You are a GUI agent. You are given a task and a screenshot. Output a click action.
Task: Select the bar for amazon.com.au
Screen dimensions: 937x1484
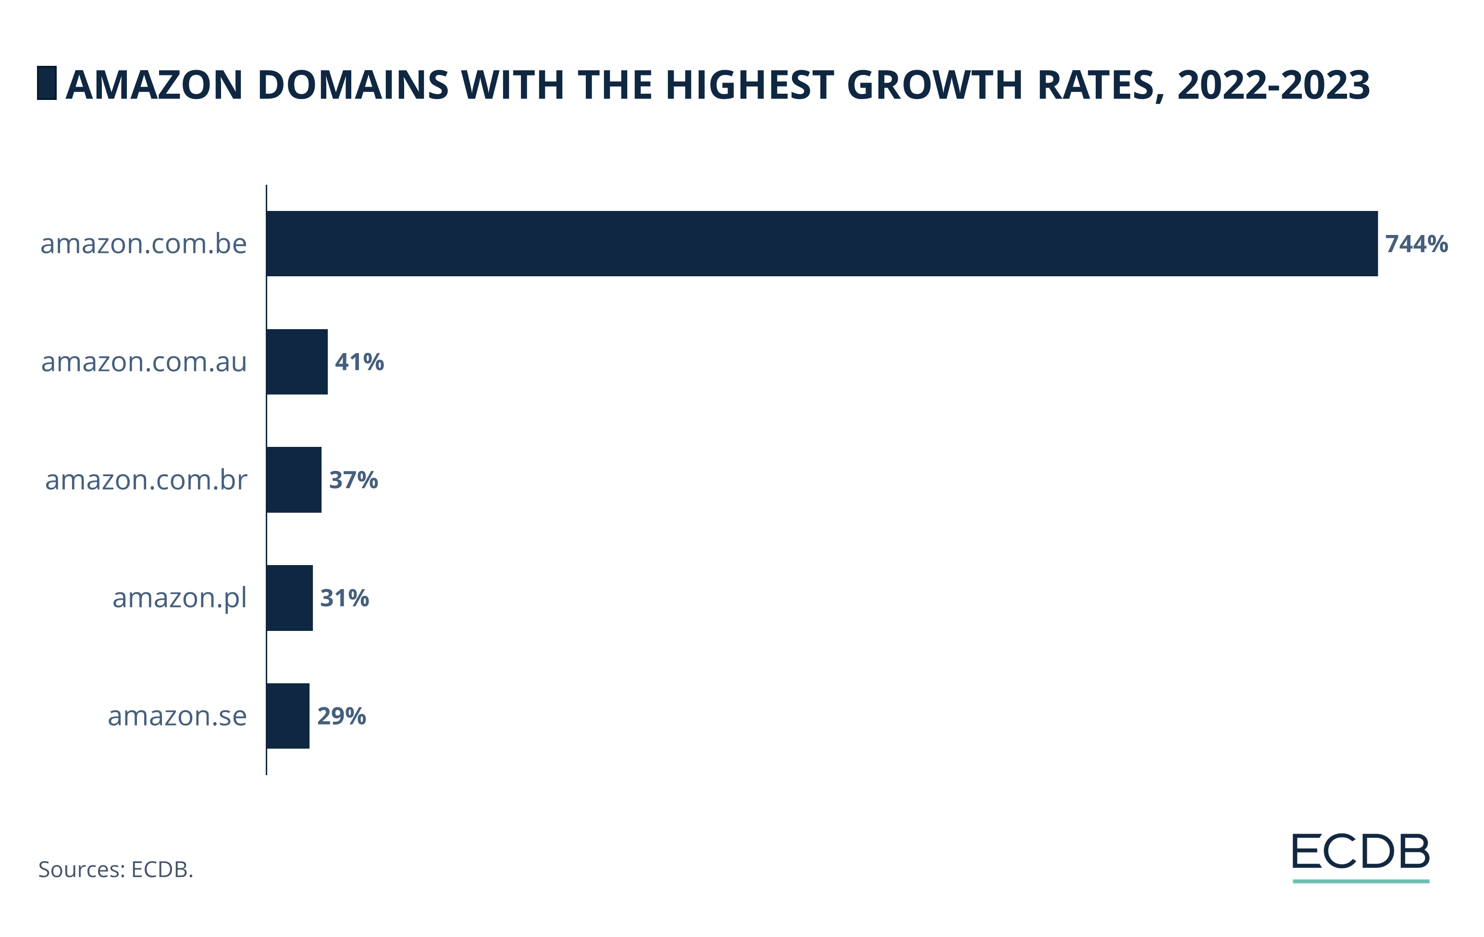(297, 362)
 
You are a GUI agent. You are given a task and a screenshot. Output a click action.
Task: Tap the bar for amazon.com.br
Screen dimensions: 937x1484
(294, 480)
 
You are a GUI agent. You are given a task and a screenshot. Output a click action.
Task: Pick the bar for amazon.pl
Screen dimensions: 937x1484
(290, 598)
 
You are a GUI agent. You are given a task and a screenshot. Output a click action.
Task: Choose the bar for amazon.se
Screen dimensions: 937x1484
(288, 716)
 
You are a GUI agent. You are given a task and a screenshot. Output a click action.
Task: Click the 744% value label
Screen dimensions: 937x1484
(1416, 244)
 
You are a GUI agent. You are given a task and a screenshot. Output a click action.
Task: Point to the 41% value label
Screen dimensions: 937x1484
(359, 362)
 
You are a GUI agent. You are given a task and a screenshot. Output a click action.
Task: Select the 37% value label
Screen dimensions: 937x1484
(353, 480)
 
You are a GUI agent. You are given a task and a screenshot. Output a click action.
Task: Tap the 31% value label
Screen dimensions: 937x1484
(345, 598)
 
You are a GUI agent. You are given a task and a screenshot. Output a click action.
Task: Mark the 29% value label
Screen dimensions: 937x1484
(341, 716)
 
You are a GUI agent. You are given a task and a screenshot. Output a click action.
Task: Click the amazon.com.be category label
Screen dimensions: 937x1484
(144, 244)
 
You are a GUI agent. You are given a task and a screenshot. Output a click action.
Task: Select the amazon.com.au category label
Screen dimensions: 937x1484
(144, 362)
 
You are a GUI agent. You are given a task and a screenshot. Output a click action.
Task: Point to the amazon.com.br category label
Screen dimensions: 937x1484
(146, 480)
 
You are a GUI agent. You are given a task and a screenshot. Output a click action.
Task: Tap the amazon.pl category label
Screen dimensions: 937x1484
(179, 598)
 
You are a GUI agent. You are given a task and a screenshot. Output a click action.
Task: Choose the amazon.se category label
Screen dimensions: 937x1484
(177, 716)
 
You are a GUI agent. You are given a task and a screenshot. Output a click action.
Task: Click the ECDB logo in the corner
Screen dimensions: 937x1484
(1360, 856)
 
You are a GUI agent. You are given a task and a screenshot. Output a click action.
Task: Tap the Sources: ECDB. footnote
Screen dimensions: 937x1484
(116, 869)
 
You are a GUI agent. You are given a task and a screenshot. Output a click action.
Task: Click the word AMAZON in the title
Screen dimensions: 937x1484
(154, 85)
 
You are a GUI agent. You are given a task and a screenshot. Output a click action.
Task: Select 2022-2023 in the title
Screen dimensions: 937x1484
(1273, 85)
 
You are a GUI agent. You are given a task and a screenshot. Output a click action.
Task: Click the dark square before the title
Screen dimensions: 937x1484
(47, 83)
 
